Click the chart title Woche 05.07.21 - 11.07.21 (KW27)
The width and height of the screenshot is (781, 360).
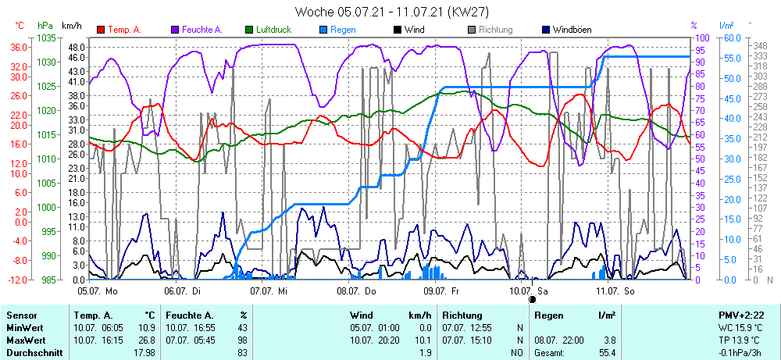click(x=390, y=11)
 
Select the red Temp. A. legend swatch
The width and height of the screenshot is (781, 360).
click(x=102, y=30)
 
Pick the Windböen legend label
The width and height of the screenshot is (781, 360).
click(x=572, y=30)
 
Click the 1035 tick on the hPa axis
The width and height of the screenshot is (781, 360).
click(x=46, y=37)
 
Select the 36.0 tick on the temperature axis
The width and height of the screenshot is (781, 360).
click(x=19, y=47)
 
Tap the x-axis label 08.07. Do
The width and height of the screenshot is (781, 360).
click(x=356, y=290)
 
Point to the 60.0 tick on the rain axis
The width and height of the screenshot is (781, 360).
click(x=732, y=37)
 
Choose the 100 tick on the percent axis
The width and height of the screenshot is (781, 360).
click(x=701, y=37)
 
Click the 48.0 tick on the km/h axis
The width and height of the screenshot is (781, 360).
click(x=76, y=47)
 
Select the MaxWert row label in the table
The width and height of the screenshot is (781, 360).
click(x=25, y=340)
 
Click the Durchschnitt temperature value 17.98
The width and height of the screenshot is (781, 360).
click(x=145, y=353)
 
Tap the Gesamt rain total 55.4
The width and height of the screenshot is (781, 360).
click(x=606, y=353)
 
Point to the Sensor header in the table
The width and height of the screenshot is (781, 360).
click(x=21, y=315)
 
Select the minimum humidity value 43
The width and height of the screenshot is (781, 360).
click(x=242, y=328)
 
